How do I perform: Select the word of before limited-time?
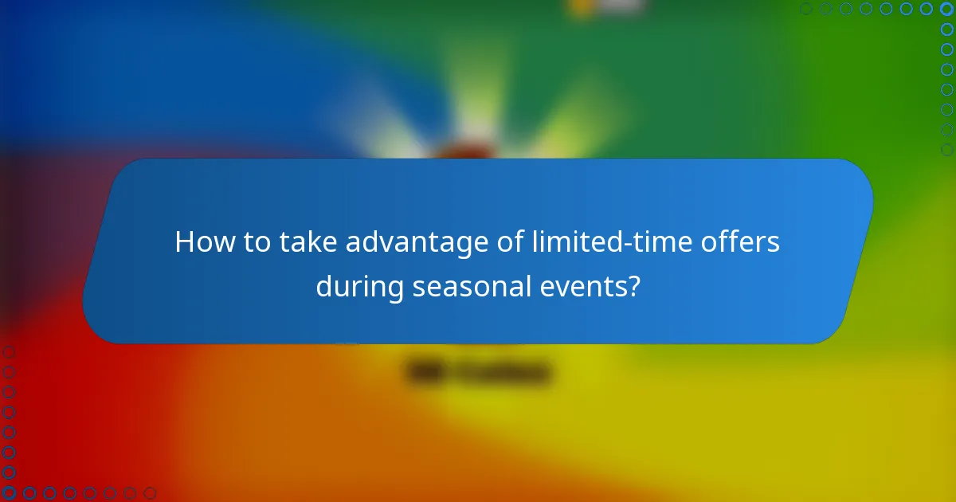pyautogui.click(x=505, y=242)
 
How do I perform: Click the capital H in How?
pyautogui.click(x=185, y=242)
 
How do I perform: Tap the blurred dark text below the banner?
pyautogui.click(x=478, y=372)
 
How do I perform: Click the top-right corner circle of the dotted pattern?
pyautogui.click(x=947, y=9)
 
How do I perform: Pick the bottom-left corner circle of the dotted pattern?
pyautogui.click(x=9, y=493)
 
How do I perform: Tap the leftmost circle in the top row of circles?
pyautogui.click(x=806, y=9)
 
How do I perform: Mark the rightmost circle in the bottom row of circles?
pyautogui.click(x=150, y=493)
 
